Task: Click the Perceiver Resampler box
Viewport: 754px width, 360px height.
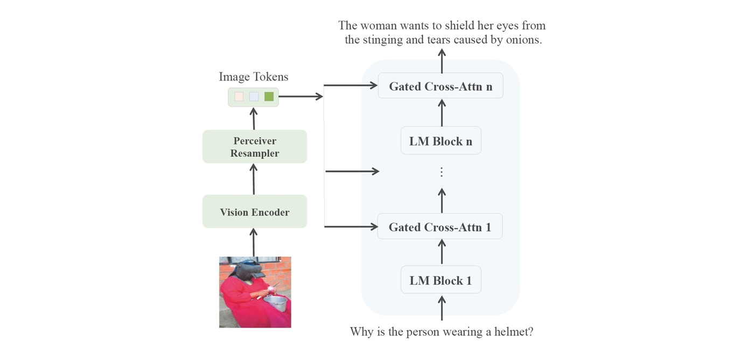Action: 254,147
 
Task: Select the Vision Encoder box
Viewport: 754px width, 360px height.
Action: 254,211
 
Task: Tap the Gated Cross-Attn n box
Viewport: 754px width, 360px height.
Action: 441,86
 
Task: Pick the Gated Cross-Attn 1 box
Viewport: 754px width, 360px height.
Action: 439,226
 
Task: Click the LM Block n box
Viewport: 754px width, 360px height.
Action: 441,141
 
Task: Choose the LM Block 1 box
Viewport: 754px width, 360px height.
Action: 441,280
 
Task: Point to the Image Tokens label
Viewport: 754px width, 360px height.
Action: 254,77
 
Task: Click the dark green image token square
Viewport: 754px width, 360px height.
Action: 269,96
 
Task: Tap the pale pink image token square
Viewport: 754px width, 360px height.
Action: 239,96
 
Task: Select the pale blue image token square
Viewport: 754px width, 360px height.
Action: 254,96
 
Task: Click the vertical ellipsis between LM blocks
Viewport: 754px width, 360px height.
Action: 441,172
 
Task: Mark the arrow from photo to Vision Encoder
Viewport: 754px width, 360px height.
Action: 254,242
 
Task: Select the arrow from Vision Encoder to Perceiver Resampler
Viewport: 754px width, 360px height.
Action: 254,179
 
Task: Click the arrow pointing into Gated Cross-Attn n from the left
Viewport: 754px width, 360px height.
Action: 351,85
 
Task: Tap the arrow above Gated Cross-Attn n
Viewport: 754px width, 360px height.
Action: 442,61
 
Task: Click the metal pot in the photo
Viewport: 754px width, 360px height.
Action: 275,302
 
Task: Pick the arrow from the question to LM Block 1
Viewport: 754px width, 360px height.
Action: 442,308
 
